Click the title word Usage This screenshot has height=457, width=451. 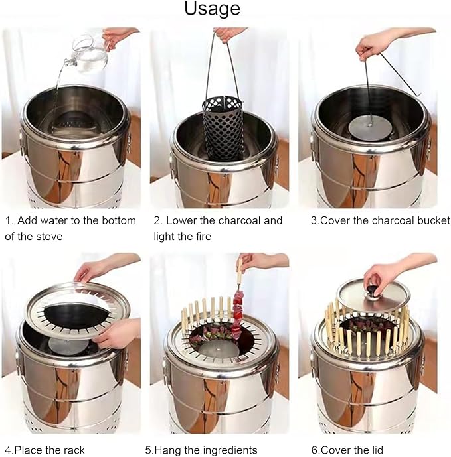(x=213, y=9)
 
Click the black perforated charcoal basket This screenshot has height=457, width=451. (x=223, y=129)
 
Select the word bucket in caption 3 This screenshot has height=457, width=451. (x=434, y=220)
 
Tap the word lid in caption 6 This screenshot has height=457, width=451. (x=376, y=450)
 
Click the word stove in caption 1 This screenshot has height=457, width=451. (x=50, y=236)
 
